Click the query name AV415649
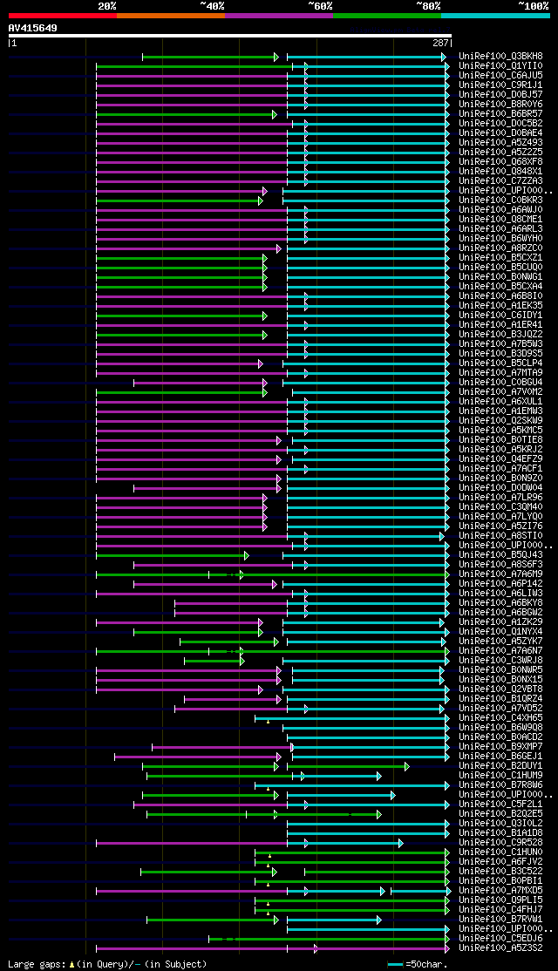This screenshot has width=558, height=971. click(x=33, y=28)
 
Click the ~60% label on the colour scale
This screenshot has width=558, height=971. click(x=320, y=6)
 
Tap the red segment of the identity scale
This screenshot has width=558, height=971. click(x=62, y=15)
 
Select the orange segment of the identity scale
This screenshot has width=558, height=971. click(x=170, y=15)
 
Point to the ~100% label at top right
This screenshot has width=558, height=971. click(x=533, y=6)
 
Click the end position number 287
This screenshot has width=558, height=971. click(x=440, y=43)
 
